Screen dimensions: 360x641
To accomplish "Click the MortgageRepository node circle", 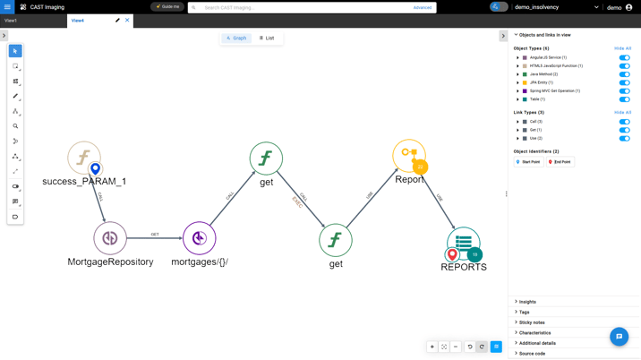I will click(x=110, y=238).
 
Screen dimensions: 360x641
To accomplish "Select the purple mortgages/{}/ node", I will click(x=199, y=238).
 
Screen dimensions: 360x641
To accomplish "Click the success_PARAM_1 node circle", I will click(x=83, y=158).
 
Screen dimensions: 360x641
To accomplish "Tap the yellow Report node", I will click(x=408, y=155).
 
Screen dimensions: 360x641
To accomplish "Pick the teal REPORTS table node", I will click(x=463, y=242).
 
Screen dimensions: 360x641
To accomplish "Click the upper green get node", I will click(x=266, y=159).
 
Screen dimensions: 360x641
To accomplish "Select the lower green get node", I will click(x=335, y=240).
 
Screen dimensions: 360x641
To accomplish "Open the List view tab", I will click(x=267, y=39).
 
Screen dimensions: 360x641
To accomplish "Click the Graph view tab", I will click(x=236, y=39).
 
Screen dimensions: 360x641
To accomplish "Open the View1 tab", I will click(x=11, y=20).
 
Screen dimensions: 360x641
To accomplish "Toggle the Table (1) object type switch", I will click(x=624, y=99).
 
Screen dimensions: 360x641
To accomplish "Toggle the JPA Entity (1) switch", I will click(x=624, y=82).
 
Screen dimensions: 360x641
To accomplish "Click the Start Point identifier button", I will click(x=528, y=162).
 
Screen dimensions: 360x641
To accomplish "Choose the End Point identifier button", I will click(x=560, y=162).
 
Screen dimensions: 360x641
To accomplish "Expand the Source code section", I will click(x=532, y=354).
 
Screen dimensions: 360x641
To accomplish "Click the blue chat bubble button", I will click(x=619, y=337).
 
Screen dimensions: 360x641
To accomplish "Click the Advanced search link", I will click(x=422, y=7).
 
